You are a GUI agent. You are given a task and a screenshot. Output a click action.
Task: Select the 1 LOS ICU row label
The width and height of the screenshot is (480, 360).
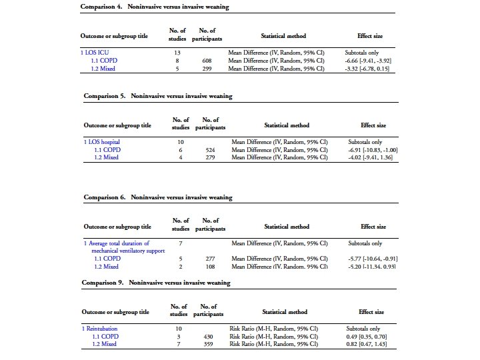point(95,51)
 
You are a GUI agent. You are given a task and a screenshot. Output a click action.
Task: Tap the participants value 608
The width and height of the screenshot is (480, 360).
point(207,60)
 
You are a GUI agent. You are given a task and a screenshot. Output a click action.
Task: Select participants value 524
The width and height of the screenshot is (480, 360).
point(210,150)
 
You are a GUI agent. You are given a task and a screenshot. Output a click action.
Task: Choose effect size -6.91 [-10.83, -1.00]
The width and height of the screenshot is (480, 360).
point(373,150)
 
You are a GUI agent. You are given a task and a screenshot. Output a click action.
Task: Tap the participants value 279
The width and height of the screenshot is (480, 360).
point(210,158)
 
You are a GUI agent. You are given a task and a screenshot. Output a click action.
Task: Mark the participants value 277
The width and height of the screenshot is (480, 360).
point(210,259)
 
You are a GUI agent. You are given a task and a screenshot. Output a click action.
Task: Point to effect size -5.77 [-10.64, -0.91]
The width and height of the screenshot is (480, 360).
point(373,259)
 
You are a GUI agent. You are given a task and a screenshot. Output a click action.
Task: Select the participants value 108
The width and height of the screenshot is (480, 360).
point(210,267)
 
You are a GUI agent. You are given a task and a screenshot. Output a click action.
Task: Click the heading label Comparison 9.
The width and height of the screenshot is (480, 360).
point(104,283)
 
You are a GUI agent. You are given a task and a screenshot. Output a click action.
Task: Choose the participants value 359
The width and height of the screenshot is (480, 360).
point(207,345)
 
